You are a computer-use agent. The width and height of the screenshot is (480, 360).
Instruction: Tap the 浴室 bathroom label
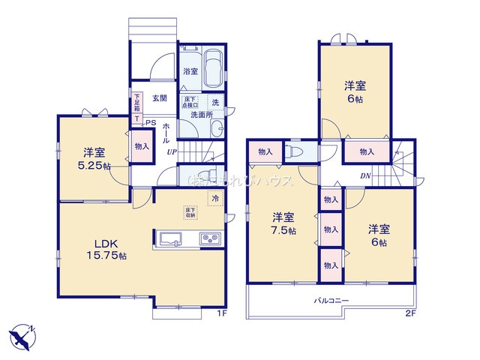(x=190, y=72)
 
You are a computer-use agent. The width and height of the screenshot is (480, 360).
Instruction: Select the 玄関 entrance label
(x=159, y=98)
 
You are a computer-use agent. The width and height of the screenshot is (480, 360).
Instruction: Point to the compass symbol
(x=22, y=335)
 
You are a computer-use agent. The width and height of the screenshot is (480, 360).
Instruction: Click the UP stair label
(x=172, y=151)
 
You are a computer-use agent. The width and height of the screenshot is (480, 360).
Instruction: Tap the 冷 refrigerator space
(x=214, y=199)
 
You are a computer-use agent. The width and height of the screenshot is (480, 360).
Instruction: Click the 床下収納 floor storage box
(x=190, y=213)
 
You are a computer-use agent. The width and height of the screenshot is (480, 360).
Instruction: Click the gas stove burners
(x=208, y=239)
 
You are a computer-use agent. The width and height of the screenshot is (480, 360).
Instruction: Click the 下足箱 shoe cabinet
(x=137, y=103)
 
